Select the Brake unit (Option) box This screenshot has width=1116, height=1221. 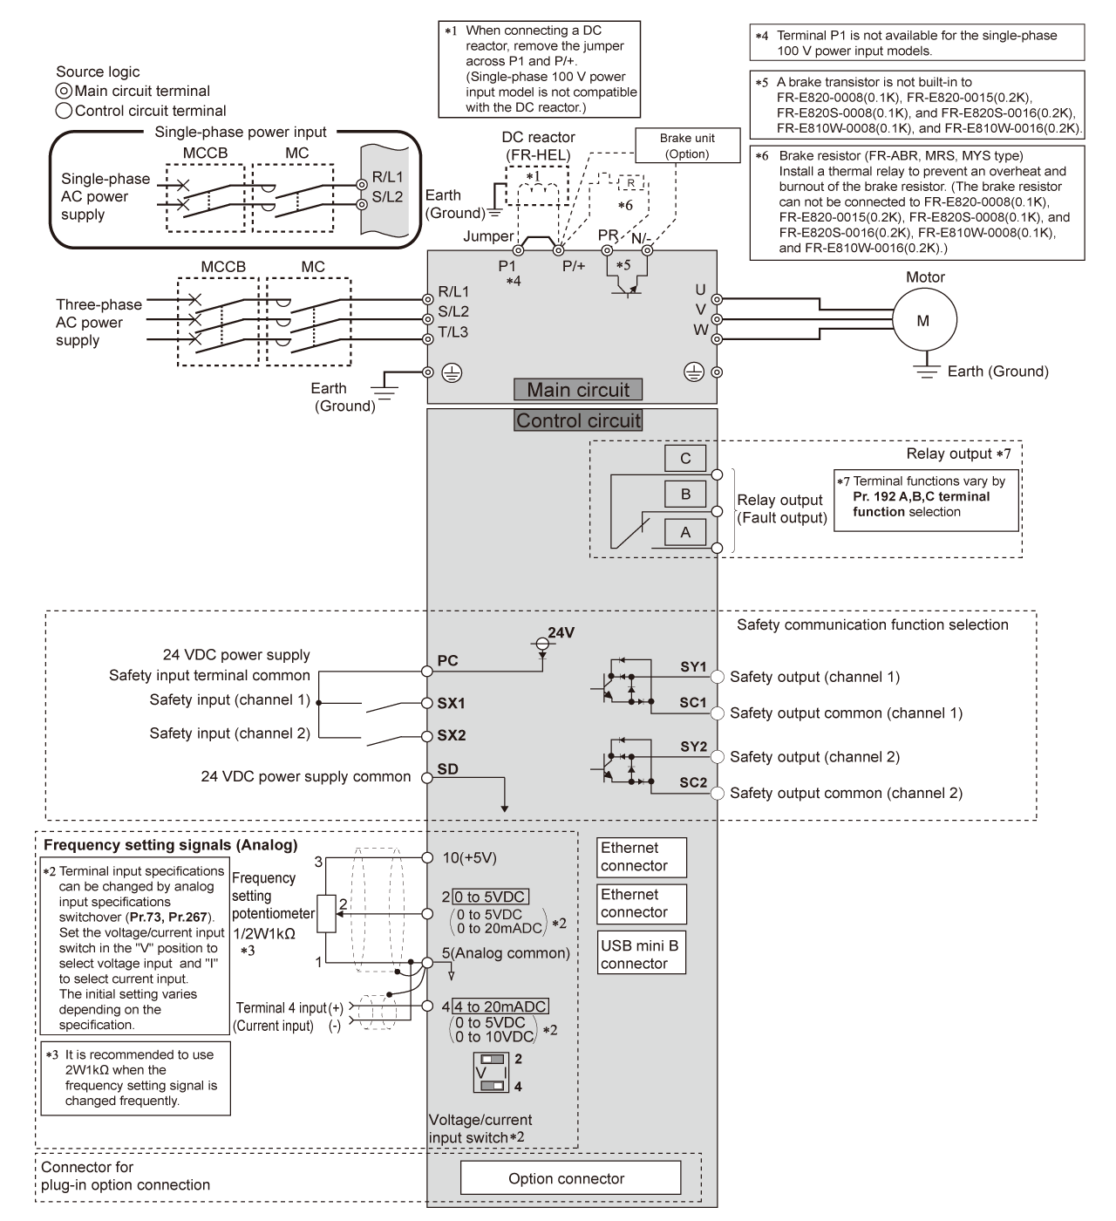click(x=687, y=146)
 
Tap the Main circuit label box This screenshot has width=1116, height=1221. click(x=577, y=390)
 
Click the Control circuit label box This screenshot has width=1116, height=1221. click(x=578, y=420)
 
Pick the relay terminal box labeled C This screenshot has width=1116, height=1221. click(x=685, y=459)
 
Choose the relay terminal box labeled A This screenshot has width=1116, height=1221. click(x=685, y=532)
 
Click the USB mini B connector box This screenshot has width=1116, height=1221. click(x=642, y=954)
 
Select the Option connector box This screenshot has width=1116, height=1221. click(x=570, y=1178)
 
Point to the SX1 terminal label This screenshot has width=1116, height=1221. click(x=451, y=703)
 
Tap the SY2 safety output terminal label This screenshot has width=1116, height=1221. click(x=694, y=747)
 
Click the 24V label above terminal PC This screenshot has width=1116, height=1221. click(x=561, y=632)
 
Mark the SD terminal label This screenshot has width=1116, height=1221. click(x=447, y=768)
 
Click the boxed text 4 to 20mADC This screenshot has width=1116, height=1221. click(x=500, y=1006)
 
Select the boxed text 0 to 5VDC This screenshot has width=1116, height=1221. click(x=491, y=897)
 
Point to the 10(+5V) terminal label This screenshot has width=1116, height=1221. click(x=469, y=857)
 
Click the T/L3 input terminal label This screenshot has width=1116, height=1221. click(x=453, y=331)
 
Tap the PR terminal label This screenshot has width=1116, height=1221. click(x=608, y=235)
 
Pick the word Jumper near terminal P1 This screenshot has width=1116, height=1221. click(x=488, y=236)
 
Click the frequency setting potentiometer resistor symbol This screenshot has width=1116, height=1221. click(x=327, y=914)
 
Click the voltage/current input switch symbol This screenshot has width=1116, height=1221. click(x=491, y=1072)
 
